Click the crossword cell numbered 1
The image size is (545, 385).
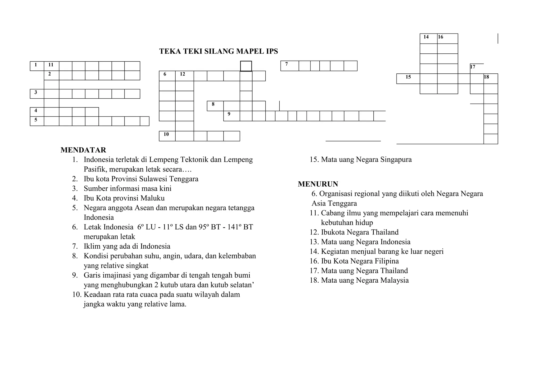click(37, 66)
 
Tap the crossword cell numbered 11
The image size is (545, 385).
click(51, 66)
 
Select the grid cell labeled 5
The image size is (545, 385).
click(37, 121)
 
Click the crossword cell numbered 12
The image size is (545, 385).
click(184, 76)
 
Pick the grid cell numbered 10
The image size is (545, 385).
click(167, 136)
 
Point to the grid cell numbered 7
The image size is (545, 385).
click(290, 66)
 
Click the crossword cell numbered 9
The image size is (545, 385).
click(232, 116)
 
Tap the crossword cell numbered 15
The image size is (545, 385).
click(408, 79)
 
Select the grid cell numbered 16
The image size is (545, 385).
click(447, 39)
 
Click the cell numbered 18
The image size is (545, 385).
click(490, 79)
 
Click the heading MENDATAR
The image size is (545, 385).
click(83, 150)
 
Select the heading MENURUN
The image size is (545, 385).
click(318, 184)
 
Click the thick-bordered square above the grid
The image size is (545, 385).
click(246, 66)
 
